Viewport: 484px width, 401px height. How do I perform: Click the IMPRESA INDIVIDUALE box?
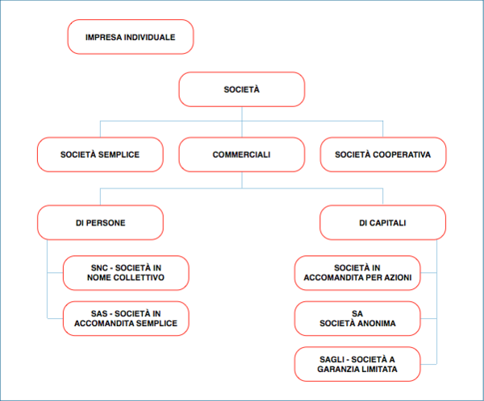[x=131, y=37]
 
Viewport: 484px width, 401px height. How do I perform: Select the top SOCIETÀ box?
[x=242, y=89]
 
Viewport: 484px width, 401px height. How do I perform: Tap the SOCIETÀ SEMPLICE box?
[x=100, y=155]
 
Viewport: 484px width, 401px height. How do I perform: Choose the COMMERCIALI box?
[x=242, y=155]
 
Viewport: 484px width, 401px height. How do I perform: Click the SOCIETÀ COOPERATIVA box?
[x=383, y=155]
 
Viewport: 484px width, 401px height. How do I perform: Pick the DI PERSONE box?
[x=100, y=222]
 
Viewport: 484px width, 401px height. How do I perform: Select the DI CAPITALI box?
[x=382, y=222]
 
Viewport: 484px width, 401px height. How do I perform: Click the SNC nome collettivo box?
[x=126, y=273]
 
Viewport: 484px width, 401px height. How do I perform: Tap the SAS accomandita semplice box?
[x=126, y=318]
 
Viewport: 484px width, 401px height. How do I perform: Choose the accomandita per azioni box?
[x=357, y=273]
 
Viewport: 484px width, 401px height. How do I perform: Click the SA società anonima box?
[x=357, y=318]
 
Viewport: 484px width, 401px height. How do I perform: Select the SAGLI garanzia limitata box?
[x=357, y=364]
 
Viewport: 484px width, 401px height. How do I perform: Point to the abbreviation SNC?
[x=99, y=268]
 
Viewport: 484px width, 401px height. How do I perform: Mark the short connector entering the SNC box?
[x=55, y=273]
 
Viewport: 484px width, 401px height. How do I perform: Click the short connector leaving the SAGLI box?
[x=428, y=364]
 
